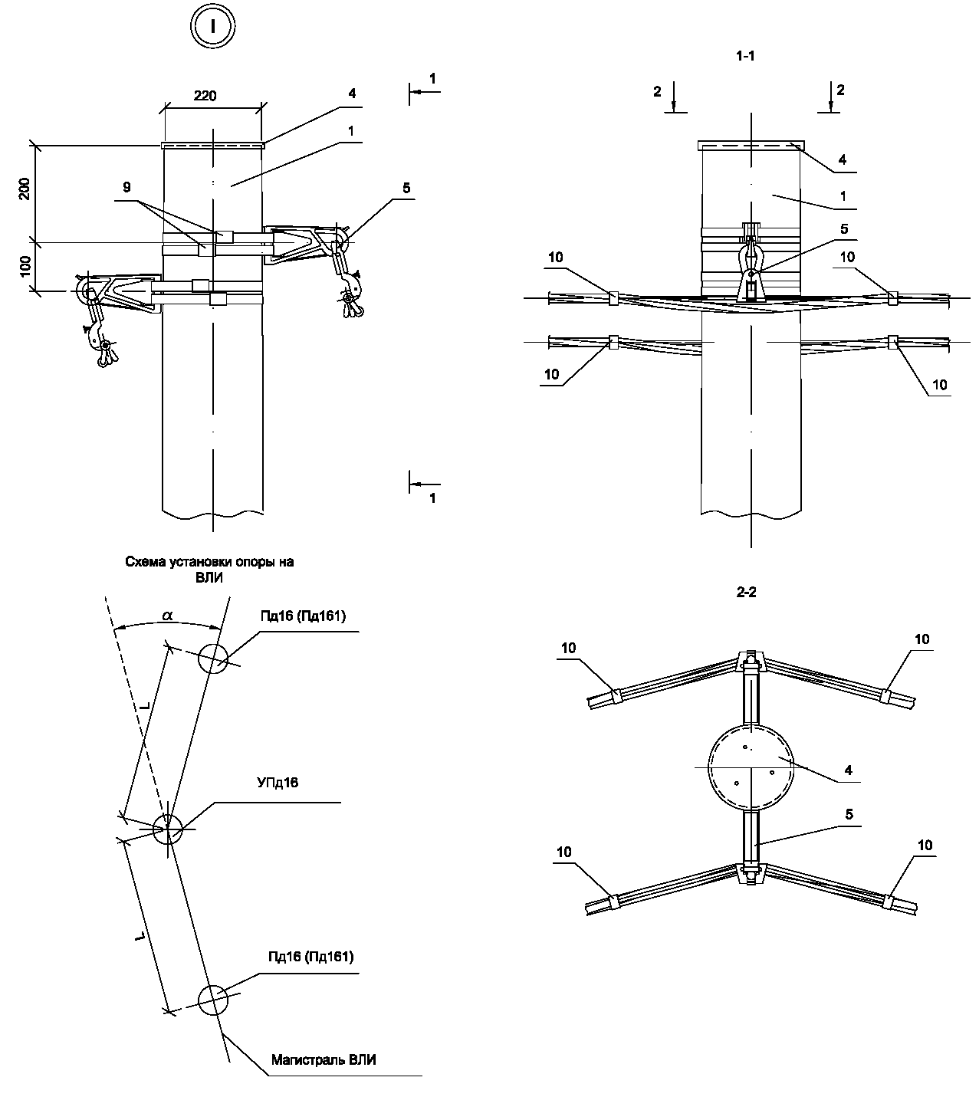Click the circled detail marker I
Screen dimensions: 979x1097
213,26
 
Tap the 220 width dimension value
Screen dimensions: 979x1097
205,96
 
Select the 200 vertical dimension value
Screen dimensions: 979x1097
25,189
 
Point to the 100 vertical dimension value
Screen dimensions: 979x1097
25,267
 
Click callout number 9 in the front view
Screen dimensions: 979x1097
126,187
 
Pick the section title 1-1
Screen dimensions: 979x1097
746,56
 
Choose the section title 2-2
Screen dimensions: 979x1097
746,593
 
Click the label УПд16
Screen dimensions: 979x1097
278,783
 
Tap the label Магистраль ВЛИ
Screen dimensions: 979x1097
324,1059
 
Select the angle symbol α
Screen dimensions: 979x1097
167,616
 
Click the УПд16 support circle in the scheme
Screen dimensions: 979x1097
168,829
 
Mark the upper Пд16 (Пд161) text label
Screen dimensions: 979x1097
303,616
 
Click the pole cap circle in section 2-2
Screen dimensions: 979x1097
751,767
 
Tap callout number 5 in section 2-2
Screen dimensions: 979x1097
849,829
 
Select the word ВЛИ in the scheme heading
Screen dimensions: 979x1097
209,578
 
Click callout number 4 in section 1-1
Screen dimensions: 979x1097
842,159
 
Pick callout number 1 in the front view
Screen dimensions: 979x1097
351,131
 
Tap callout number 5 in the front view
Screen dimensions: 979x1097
406,188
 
